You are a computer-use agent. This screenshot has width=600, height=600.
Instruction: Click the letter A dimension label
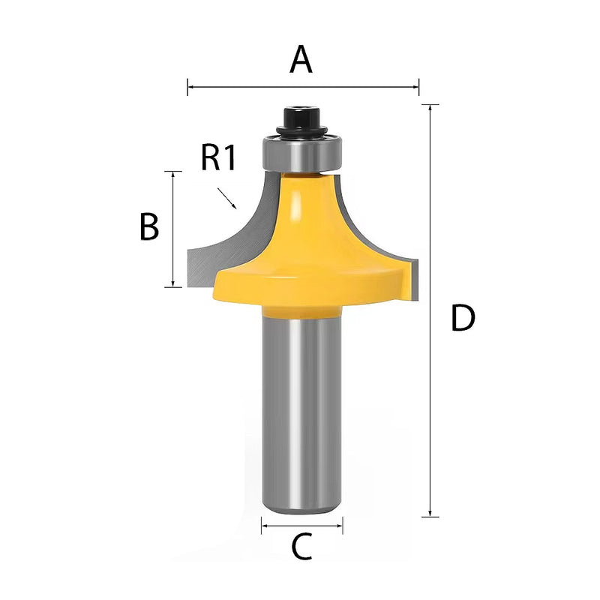[x=301, y=60]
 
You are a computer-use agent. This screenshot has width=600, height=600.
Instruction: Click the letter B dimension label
[x=149, y=227]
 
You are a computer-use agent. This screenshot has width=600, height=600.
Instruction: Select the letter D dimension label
[x=463, y=319]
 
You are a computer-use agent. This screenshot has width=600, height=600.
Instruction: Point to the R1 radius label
[x=219, y=158]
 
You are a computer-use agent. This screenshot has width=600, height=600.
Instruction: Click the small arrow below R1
[x=227, y=199]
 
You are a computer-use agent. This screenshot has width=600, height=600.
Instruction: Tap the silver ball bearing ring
[x=300, y=154]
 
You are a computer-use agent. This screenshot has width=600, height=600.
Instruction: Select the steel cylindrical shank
[x=301, y=412]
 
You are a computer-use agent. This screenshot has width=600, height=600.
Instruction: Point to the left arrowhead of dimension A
[x=190, y=88]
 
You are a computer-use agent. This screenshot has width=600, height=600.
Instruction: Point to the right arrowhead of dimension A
[x=416, y=88]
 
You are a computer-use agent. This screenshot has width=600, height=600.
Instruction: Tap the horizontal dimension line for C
[x=301, y=526]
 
